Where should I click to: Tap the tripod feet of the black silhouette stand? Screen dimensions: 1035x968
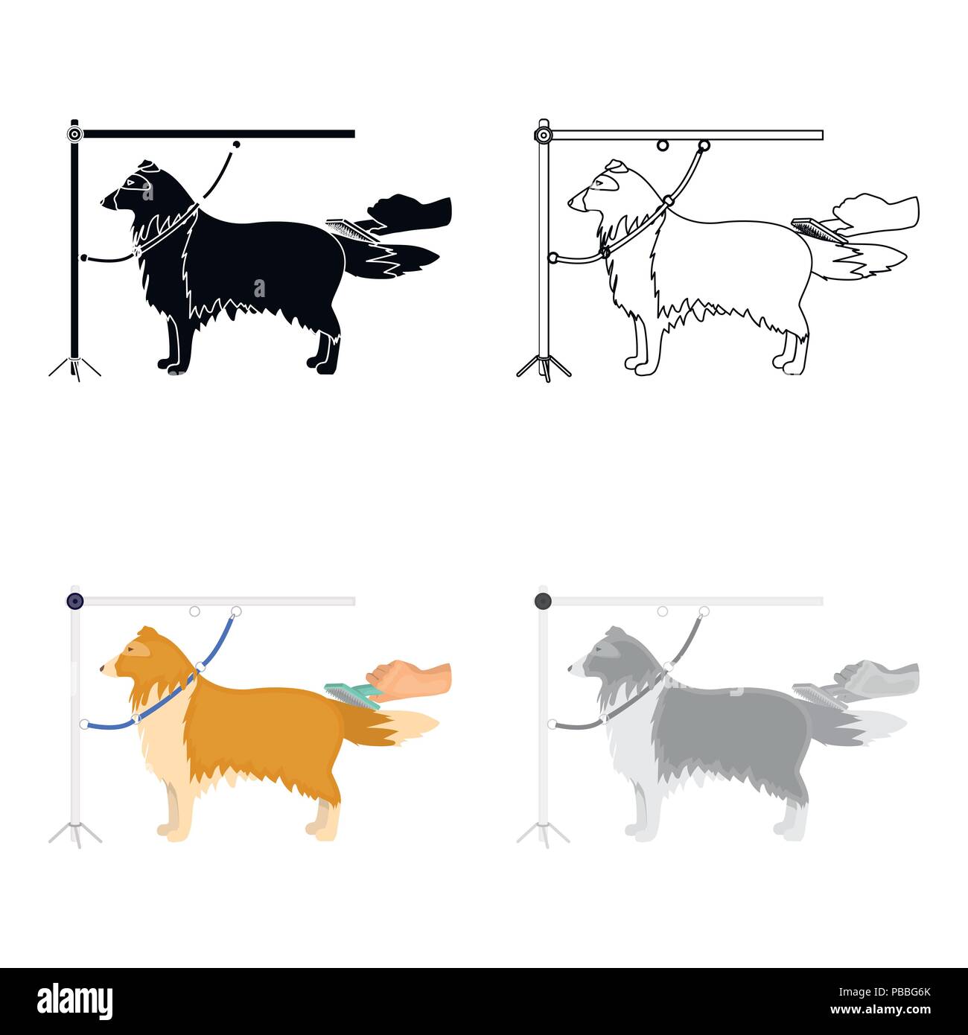pos(74,368)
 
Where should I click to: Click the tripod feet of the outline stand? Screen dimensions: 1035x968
pos(544,368)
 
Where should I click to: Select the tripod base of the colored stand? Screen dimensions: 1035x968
pos(74,833)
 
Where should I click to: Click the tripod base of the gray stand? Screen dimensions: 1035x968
pos(543,833)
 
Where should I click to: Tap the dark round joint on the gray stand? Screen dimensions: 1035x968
pos(543,601)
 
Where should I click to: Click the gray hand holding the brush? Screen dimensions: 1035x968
pos(879,676)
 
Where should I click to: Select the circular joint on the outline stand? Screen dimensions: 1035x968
pos(543,136)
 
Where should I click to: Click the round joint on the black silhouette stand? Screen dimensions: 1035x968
pos(74,135)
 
